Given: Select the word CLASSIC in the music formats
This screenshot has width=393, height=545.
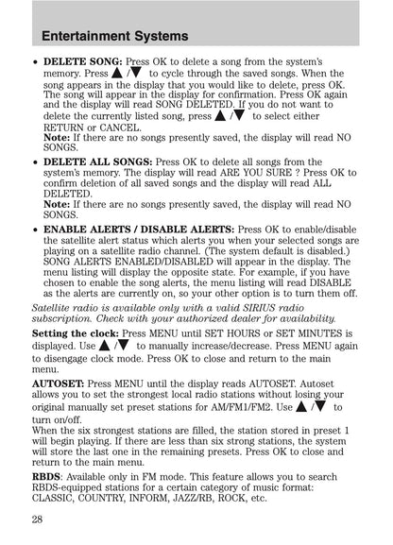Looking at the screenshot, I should tap(58, 498).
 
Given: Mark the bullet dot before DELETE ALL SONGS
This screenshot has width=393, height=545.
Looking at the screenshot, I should tap(36, 162).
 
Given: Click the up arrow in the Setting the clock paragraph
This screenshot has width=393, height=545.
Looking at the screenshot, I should tap(102, 347).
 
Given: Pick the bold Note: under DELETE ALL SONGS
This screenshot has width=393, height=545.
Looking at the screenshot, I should tap(57, 203).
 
